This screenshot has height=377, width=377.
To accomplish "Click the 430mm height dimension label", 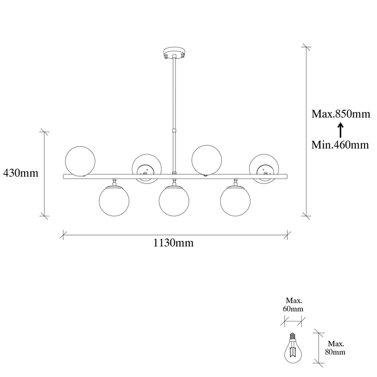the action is click(21, 173).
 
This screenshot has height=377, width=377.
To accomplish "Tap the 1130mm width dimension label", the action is click(173, 243).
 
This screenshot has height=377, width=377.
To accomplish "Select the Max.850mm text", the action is click(341, 114).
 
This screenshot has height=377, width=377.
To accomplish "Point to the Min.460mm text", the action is click(340, 145).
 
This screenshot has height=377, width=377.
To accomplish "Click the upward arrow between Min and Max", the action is click(340, 130).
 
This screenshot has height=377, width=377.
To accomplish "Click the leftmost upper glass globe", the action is click(80, 161).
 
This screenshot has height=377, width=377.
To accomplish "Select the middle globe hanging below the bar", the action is click(174, 201).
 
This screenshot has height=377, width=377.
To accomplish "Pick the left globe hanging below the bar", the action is click(114, 201).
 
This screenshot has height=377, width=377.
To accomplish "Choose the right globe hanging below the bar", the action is click(235, 201).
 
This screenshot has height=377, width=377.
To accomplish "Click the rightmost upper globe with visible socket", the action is click(264, 169).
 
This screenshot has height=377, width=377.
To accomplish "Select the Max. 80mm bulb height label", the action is click(336, 348).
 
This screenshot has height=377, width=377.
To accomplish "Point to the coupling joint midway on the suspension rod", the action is click(174, 130).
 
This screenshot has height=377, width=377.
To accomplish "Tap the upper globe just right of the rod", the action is click(206, 160).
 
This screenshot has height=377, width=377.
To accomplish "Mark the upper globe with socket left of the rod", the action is click(147, 169).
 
